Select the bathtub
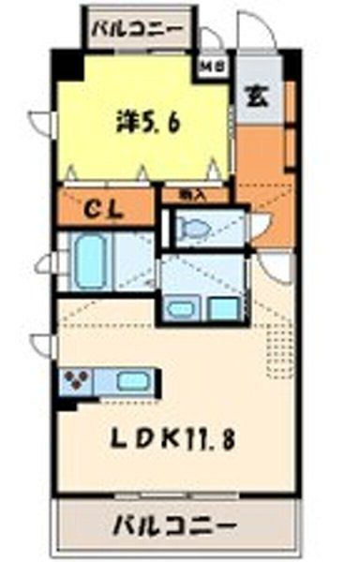pos(94,262)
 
